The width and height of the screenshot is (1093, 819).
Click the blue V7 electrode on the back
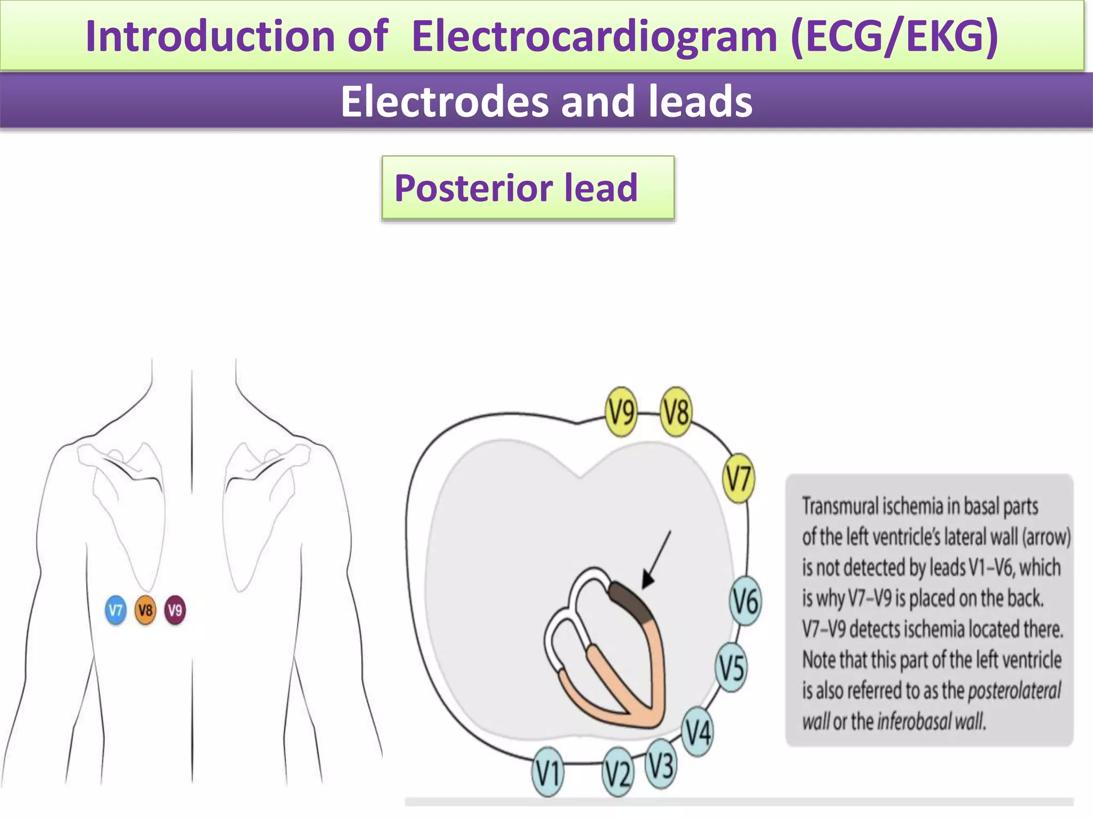pyautogui.click(x=116, y=610)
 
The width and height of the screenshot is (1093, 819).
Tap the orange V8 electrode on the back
pyautogui.click(x=146, y=610)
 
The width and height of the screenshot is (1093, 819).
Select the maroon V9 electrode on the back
pyautogui.click(x=175, y=610)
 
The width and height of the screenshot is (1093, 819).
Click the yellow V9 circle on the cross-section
pyautogui.click(x=622, y=412)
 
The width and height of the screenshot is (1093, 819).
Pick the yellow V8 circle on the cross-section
pyautogui.click(x=676, y=412)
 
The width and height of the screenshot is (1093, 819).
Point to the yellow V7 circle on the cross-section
pyautogui.click(x=739, y=478)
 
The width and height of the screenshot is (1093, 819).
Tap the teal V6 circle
pyautogui.click(x=746, y=601)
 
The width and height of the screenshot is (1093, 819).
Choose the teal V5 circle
pyautogui.click(x=731, y=667)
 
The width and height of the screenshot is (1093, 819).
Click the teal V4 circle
pyautogui.click(x=698, y=731)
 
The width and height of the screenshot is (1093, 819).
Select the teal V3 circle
pyautogui.click(x=661, y=766)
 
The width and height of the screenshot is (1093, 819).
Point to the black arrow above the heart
pyautogui.click(x=656, y=560)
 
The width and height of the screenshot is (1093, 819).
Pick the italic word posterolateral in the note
pyautogui.click(x=1014, y=690)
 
